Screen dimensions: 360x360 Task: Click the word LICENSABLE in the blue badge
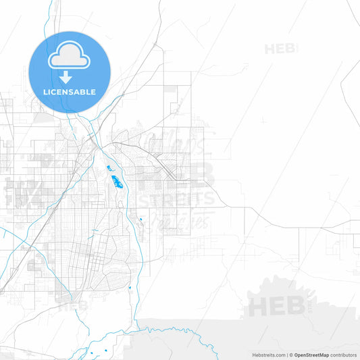(70, 92)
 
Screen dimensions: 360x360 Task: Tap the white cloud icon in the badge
(70, 57)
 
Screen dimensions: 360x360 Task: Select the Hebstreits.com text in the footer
(268, 355)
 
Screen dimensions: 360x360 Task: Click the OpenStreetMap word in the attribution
(311, 355)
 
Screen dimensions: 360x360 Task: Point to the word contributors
(344, 355)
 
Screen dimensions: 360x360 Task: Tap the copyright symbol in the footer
(291, 355)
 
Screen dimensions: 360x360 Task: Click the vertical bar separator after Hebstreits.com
(287, 355)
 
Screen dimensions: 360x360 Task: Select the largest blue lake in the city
(117, 180)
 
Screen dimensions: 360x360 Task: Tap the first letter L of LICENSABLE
(45, 92)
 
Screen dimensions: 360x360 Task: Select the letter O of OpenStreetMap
(297, 355)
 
